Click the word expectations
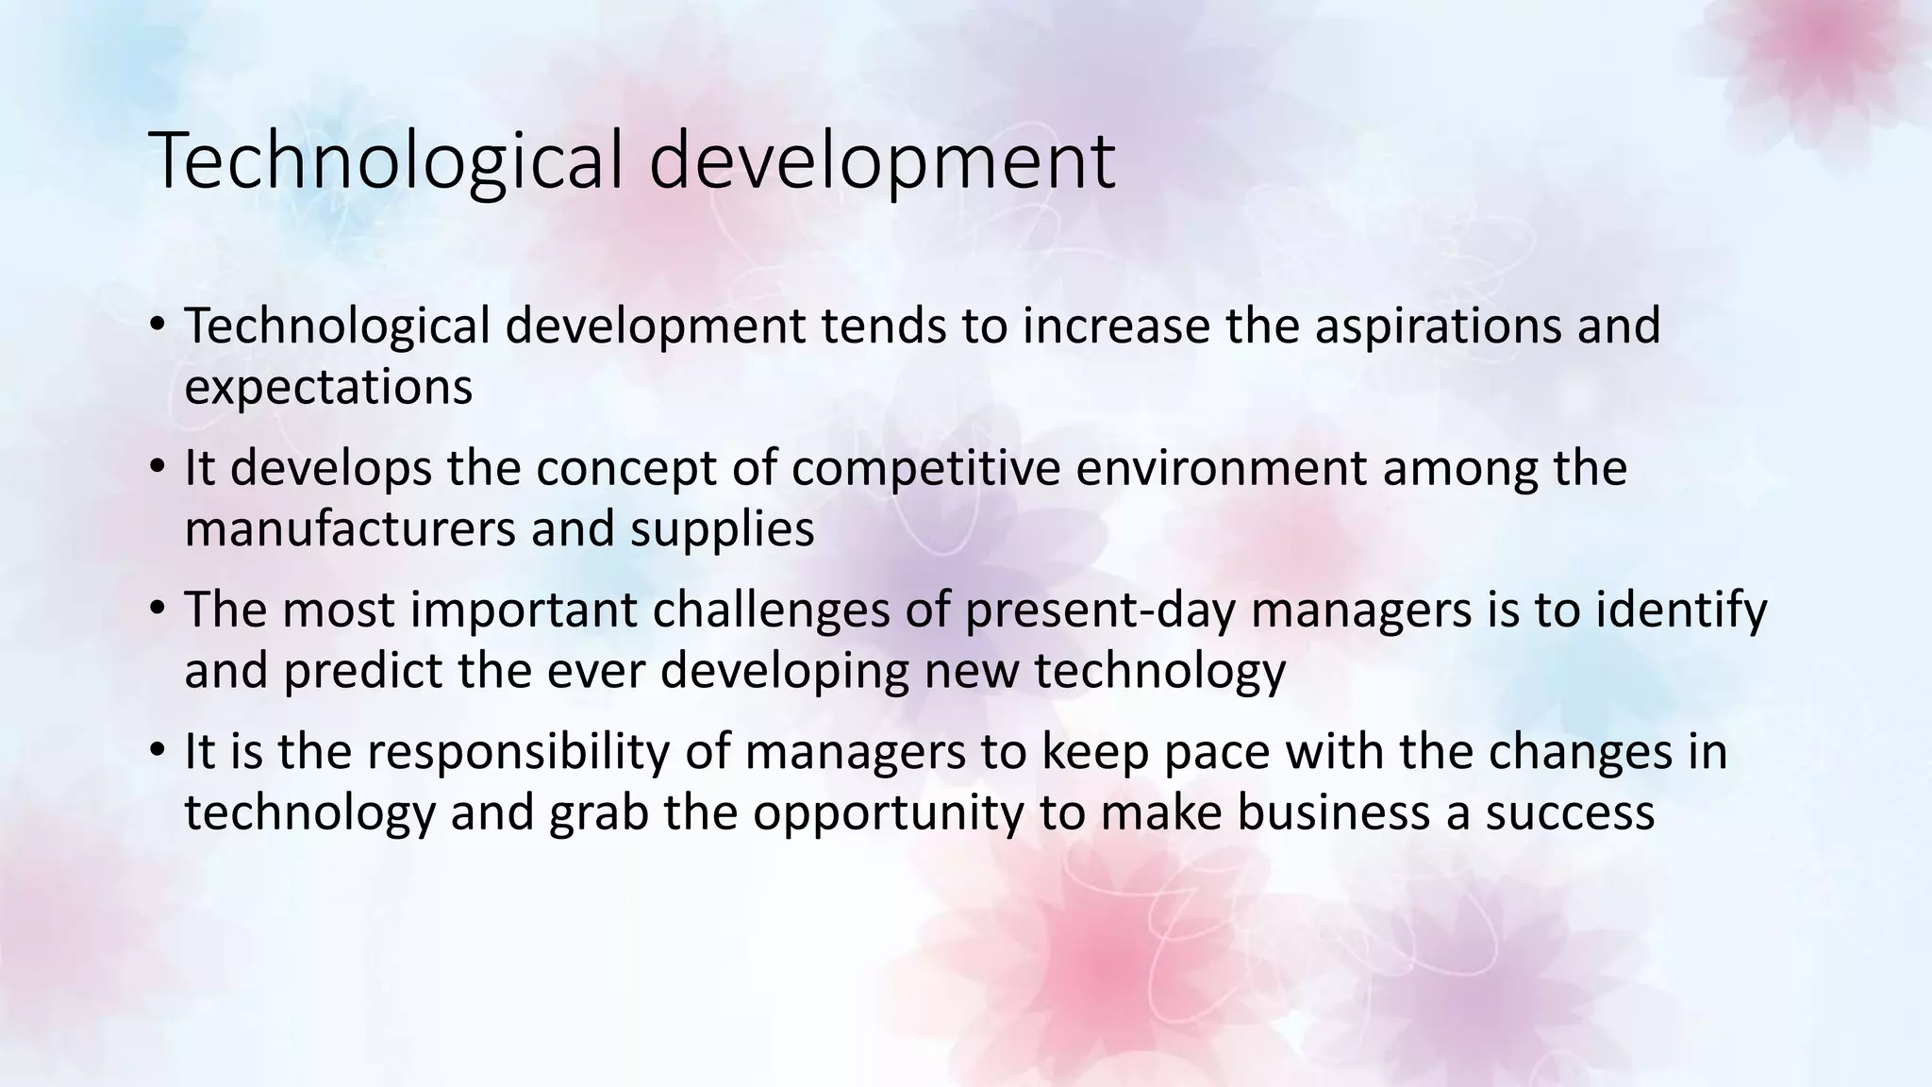click(x=328, y=388)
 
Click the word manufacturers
click(x=350, y=528)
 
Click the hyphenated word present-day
click(x=1100, y=610)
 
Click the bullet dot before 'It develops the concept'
click(x=157, y=467)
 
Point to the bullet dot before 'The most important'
click(x=157, y=609)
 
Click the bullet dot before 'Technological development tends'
click(x=157, y=325)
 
